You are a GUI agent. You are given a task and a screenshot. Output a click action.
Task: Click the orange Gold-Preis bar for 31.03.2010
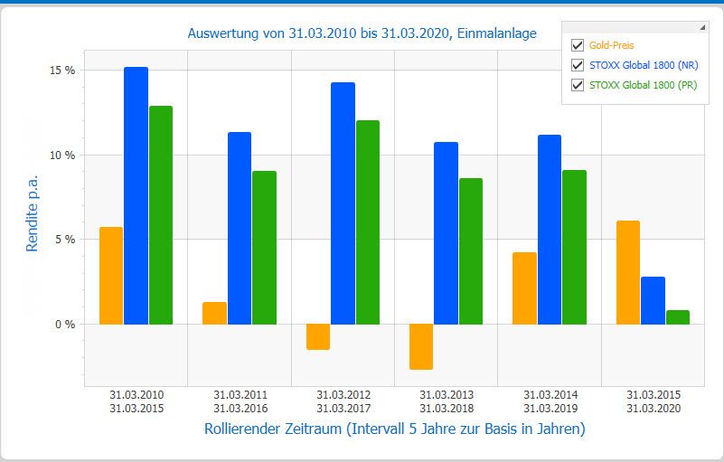[x=111, y=276]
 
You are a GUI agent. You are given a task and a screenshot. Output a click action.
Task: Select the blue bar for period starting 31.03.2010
[x=136, y=195]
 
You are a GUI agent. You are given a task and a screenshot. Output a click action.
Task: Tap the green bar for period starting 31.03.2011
[x=265, y=248]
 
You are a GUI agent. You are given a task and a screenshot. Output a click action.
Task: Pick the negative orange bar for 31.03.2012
[x=318, y=336]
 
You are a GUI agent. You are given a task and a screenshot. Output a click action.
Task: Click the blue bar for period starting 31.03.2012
[x=343, y=203]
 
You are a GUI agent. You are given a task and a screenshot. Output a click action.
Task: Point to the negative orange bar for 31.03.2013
[x=421, y=346]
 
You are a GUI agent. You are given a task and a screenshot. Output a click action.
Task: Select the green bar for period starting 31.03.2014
[x=574, y=247]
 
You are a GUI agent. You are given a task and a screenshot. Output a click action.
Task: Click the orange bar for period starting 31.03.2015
[x=628, y=272]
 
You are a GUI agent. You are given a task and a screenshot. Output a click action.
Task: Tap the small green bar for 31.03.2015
[x=678, y=317]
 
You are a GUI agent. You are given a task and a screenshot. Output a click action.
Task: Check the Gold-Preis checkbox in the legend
[x=578, y=45]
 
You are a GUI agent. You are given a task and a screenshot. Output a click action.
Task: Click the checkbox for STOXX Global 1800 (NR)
[x=578, y=65]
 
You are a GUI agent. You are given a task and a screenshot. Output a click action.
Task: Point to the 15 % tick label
[x=62, y=71]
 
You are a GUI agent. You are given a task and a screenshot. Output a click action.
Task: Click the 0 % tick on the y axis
[x=65, y=325]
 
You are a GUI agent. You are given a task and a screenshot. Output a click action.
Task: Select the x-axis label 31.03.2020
[x=653, y=409]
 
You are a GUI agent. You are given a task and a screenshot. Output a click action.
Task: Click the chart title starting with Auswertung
[x=362, y=33]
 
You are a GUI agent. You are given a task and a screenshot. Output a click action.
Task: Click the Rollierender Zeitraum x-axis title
[x=395, y=429]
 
